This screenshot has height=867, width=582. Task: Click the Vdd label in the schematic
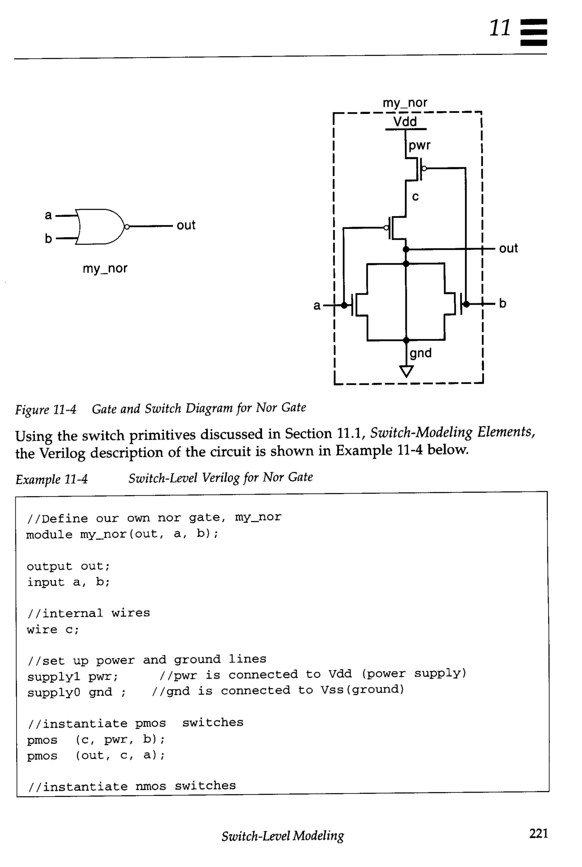click(405, 121)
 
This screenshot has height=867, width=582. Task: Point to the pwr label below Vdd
click(419, 145)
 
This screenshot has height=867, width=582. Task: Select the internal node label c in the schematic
click(415, 196)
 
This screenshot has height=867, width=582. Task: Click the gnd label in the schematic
click(421, 353)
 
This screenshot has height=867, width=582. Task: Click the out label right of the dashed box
click(508, 248)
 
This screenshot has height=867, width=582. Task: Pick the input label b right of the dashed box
click(502, 303)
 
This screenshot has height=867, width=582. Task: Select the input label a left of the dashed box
click(317, 306)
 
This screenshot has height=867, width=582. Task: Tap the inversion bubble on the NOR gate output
click(126, 227)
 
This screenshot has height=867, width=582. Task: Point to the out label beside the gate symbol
click(186, 225)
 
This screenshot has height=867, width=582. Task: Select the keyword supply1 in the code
click(53, 677)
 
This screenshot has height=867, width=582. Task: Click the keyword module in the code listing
click(49, 535)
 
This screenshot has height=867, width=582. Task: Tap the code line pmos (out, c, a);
click(96, 755)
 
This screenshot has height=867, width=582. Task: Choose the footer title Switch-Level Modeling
click(282, 836)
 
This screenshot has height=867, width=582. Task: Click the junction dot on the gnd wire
click(406, 340)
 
